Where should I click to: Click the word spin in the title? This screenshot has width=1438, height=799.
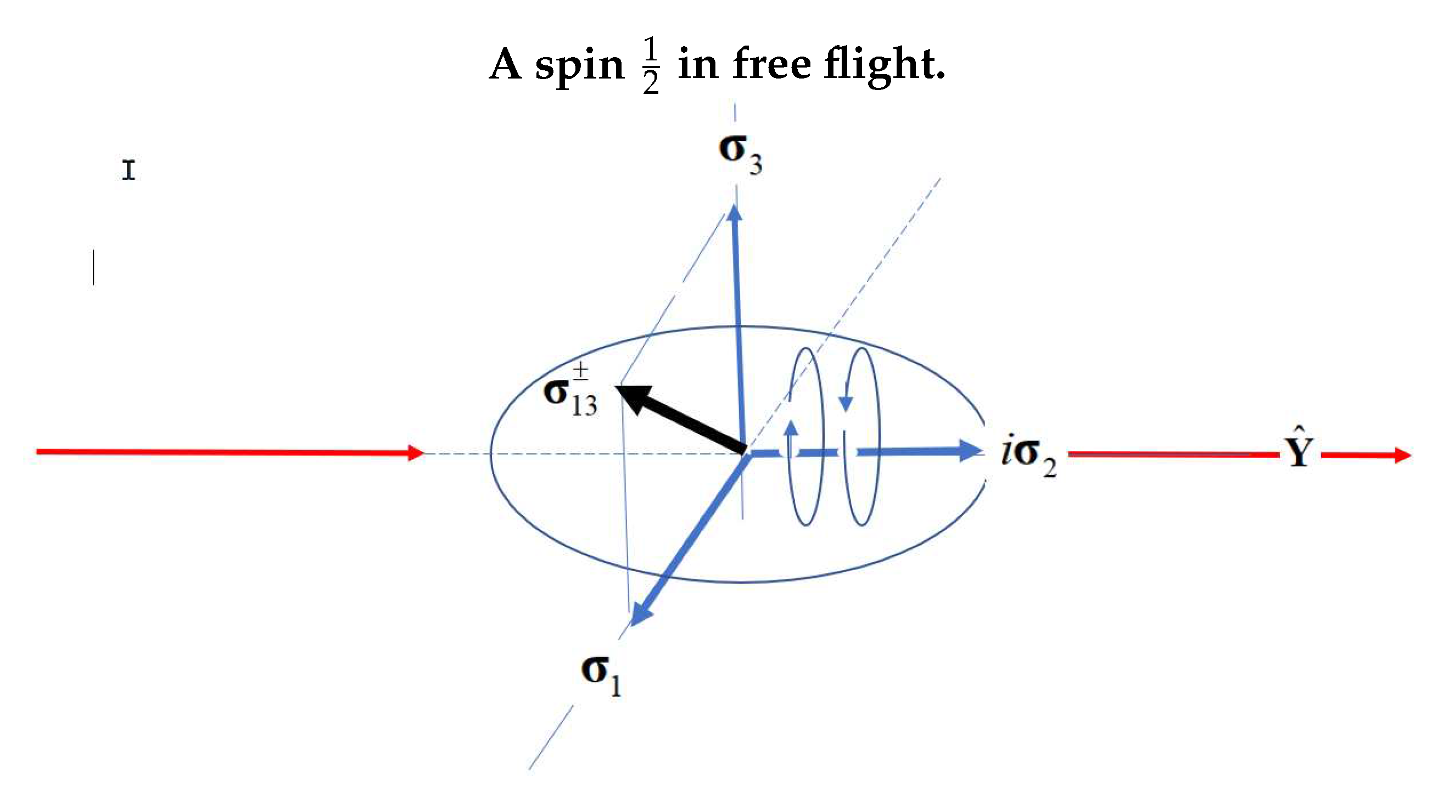click(x=579, y=66)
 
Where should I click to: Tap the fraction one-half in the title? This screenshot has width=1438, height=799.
click(x=651, y=66)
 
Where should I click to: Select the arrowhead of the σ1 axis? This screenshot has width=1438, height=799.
click(x=640, y=614)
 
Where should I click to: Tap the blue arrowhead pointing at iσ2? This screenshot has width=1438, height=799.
click(x=970, y=451)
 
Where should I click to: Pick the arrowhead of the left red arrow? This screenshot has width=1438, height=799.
click(x=415, y=452)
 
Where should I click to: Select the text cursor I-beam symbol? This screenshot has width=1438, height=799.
click(x=128, y=170)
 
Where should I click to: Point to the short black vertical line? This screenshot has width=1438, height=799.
click(x=93, y=267)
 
